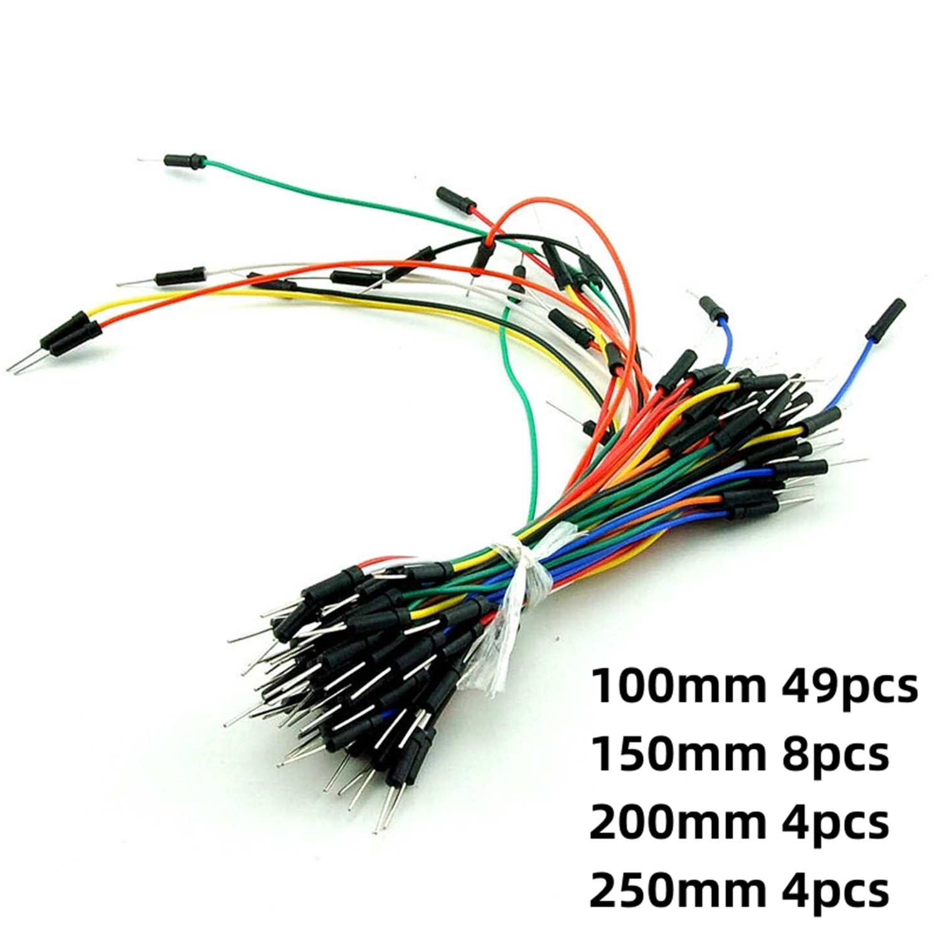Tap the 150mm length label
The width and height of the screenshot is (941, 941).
coord(678,755)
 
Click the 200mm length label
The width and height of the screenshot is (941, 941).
coord(678,822)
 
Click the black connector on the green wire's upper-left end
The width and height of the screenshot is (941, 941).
coord(185,161)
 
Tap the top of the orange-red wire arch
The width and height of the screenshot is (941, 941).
coord(552,204)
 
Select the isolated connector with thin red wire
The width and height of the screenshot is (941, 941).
coord(456,198)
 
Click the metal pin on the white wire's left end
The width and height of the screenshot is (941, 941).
coord(135,283)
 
